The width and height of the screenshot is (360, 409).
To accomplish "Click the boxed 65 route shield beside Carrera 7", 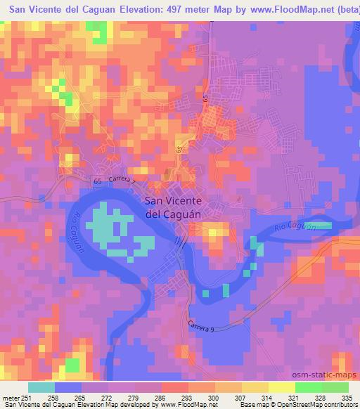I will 97,181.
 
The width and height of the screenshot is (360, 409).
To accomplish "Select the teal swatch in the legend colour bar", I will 41,387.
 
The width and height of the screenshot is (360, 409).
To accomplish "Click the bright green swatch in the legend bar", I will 335,387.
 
